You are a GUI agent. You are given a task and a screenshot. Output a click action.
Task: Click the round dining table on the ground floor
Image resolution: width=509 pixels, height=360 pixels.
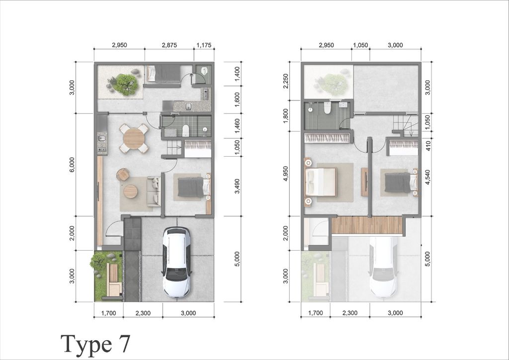tap(134, 138)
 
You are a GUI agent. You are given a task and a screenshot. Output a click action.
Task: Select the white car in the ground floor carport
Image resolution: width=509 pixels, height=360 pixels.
tap(176, 262)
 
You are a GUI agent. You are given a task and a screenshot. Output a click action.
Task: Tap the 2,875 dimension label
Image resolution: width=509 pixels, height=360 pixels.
tap(170, 45)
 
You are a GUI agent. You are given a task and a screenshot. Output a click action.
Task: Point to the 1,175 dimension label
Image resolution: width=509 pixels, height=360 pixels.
tap(204, 45)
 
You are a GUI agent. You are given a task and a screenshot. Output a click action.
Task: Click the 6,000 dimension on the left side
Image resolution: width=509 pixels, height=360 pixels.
tap(72, 165)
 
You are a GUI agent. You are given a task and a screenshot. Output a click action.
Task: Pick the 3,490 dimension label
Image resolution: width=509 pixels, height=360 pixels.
tap(238, 186)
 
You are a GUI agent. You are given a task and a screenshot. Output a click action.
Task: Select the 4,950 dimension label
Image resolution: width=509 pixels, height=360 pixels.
tap(285, 174)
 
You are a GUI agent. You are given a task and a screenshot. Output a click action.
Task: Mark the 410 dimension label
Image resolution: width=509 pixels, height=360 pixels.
tap(428, 146)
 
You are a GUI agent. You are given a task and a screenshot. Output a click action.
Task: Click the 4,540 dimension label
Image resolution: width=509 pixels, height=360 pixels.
tap(428, 177)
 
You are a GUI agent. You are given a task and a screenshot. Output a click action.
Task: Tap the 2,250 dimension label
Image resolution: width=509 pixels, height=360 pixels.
tap(285, 81)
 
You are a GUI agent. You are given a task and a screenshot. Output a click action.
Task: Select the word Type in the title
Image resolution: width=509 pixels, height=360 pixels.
tap(85, 345)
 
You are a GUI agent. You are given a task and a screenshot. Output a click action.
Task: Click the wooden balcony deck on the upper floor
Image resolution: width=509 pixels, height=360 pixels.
tap(367, 225)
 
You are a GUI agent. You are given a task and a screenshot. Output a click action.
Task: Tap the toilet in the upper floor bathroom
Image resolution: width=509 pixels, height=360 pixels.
tap(327, 108)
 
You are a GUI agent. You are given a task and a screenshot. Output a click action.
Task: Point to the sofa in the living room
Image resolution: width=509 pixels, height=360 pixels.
tap(154, 191)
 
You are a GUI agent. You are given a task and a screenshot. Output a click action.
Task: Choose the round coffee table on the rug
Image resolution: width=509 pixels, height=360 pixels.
tap(130, 191)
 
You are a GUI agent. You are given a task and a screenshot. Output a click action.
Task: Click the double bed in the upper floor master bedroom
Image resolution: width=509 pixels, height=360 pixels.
tap(321, 182)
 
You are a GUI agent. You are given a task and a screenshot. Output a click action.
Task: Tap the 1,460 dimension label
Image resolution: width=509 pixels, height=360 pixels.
tap(238, 126)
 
